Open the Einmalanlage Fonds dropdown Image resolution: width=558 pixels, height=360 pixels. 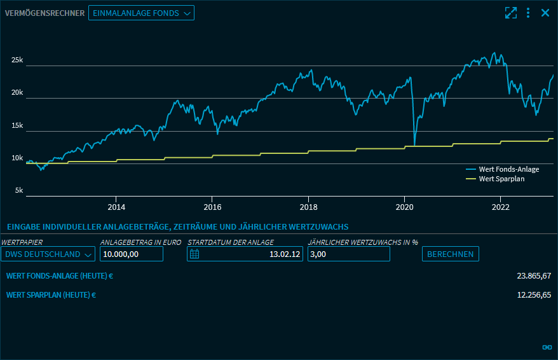[141, 13]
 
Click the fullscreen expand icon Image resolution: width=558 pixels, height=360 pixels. [510, 13]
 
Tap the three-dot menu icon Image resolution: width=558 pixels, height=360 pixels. [528, 13]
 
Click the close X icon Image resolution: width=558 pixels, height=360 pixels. [545, 13]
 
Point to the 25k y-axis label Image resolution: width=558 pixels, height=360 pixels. [17, 60]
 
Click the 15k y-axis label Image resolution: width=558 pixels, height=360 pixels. [17, 126]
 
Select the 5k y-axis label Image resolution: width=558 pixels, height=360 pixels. [18, 190]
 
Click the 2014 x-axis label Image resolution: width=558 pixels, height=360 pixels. [116, 207]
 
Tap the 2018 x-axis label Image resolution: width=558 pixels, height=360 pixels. [309, 207]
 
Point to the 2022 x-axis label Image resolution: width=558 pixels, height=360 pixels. [501, 207]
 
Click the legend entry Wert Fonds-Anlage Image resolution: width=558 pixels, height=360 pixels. [508, 169]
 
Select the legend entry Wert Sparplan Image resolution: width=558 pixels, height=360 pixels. [501, 179]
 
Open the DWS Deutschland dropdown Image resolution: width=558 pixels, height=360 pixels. [48, 254]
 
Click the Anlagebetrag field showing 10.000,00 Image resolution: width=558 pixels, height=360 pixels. [132, 254]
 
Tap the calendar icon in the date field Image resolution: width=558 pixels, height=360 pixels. [195, 254]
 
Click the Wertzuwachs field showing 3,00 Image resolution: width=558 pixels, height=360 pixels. [348, 254]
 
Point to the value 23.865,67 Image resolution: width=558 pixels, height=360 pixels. [534, 275]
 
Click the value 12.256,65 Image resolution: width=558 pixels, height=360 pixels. [534, 294]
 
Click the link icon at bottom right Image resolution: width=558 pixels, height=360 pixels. [547, 347]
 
